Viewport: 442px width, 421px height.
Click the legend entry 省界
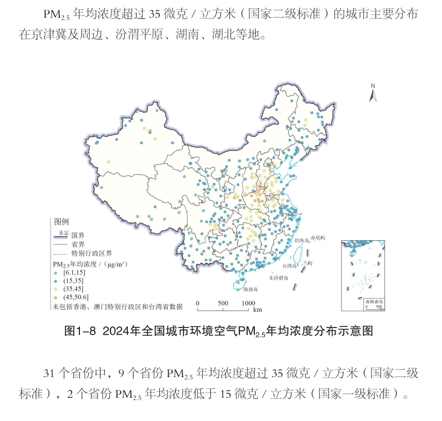pos(78,244)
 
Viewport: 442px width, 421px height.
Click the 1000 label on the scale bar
pos(249,303)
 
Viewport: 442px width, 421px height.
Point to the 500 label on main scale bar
pos(222,303)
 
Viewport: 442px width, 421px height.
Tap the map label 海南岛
pos(250,289)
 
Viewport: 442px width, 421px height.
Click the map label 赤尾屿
pos(318,238)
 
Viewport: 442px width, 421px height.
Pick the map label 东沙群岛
pos(279,278)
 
